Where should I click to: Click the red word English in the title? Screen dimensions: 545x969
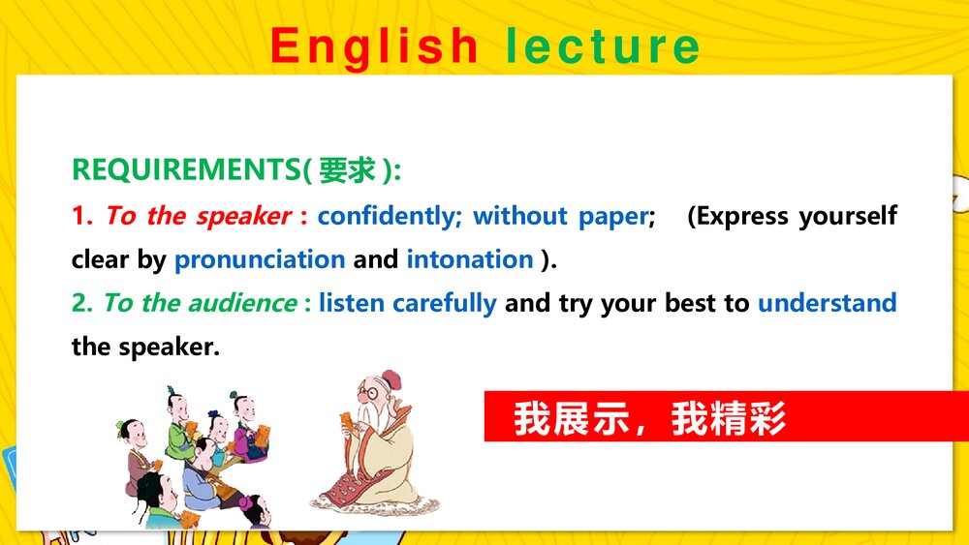pos(374,46)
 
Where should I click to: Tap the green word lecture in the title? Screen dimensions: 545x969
pos(603,46)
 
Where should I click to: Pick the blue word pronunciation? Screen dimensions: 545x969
pos(260,259)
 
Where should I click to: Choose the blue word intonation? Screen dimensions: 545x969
pos(470,259)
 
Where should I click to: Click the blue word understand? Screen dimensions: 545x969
pos(827,303)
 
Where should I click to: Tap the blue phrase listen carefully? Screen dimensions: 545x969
pos(407,303)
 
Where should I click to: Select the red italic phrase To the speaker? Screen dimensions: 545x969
pos(198,216)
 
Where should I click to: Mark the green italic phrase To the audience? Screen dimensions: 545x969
pos(200,303)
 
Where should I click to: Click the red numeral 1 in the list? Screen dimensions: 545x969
pos(80,216)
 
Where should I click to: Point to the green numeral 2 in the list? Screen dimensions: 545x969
pos(80,303)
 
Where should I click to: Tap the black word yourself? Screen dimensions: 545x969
pos(849,216)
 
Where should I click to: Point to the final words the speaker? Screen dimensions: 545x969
pos(145,347)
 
